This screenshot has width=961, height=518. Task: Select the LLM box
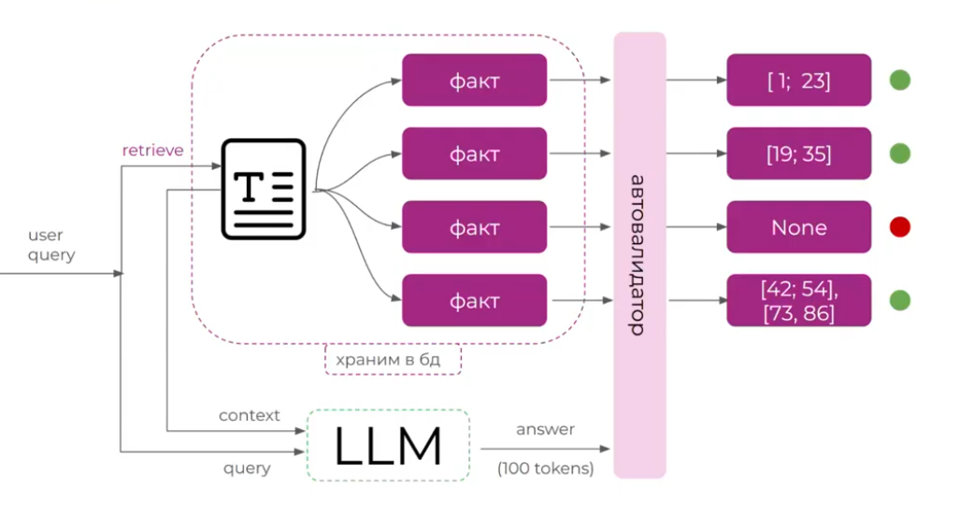[388, 446]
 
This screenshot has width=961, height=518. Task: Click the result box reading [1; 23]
[798, 80]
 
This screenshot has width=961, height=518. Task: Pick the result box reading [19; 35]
[798, 153]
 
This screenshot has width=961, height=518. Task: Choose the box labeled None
[798, 227]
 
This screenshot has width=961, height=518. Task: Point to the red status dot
[899, 227]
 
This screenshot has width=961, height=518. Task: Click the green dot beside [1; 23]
[899, 80]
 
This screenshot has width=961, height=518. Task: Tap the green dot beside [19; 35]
[899, 153]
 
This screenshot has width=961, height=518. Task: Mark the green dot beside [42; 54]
[899, 300]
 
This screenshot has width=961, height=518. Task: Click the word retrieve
[152, 150]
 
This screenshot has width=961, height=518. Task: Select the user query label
[51, 245]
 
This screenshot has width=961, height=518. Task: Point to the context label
[250, 415]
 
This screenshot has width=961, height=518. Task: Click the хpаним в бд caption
[394, 359]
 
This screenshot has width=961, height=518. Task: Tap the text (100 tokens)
[546, 468]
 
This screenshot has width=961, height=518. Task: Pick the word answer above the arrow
[546, 430]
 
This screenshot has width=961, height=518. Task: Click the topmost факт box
[474, 80]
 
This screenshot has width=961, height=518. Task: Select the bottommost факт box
[474, 300]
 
